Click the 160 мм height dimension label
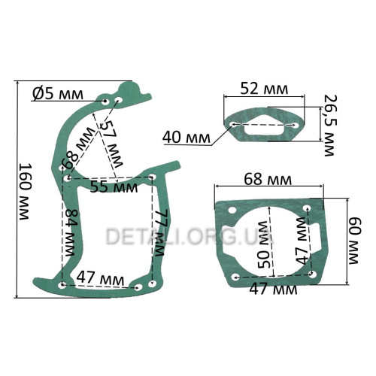[x=26, y=192]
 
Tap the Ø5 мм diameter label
[x=58, y=94]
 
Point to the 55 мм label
[x=114, y=186]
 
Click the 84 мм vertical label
[x=70, y=232]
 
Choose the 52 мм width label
[x=264, y=89]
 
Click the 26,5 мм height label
[x=329, y=126]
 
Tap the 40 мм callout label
[x=186, y=138]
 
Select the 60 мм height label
[x=354, y=241]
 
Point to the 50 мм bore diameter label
[x=264, y=244]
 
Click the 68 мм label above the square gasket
[x=268, y=180]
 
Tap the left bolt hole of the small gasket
[x=233, y=124]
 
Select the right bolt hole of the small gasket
[x=296, y=125]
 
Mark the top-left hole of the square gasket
[x=232, y=210]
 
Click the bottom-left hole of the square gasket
[x=235, y=277]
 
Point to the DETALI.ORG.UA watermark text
[x=190, y=236]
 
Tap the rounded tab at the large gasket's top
[x=130, y=88]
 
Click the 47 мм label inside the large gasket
[x=100, y=278]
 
